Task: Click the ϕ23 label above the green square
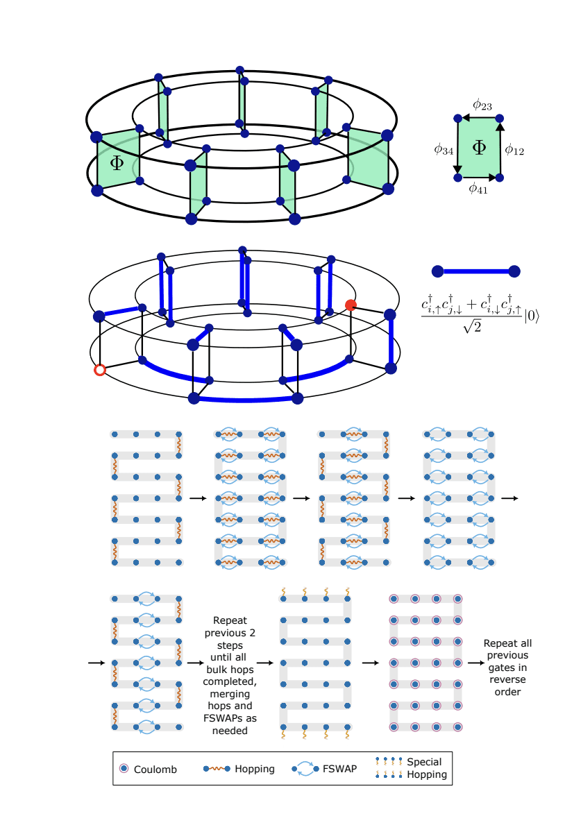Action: click(482, 105)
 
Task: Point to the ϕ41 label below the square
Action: click(478, 188)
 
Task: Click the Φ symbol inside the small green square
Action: click(479, 147)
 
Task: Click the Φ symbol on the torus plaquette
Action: click(117, 162)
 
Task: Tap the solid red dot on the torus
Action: click(351, 305)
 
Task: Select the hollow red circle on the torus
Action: click(99, 370)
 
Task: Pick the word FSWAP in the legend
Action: click(339, 769)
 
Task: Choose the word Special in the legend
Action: click(424, 762)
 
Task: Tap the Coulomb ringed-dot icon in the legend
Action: click(124, 769)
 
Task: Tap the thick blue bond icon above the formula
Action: click(475, 271)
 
